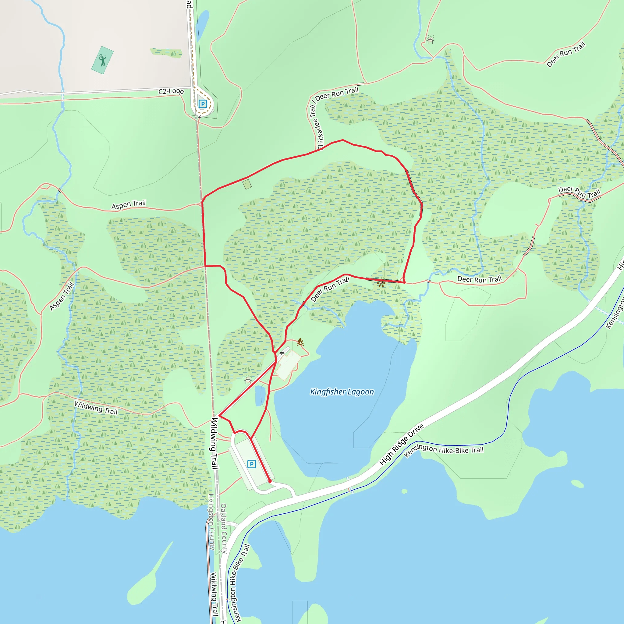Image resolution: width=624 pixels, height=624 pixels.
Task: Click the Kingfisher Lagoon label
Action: coord(342,392)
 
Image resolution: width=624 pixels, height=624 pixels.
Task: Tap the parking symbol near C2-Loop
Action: coord(203,104)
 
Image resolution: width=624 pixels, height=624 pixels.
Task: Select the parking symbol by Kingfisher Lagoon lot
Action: coord(252,464)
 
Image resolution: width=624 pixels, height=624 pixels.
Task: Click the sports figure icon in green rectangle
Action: coord(102,60)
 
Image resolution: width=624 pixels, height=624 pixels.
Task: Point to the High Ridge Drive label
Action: coord(401,445)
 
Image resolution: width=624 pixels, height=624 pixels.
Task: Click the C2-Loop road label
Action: coord(171,91)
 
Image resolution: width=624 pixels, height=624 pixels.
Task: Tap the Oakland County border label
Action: coord(224,528)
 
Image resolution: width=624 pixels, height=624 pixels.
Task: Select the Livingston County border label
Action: coord(211,522)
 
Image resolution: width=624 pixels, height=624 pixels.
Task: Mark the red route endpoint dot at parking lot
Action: coord(270,481)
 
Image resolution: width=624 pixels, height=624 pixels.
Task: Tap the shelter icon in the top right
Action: coord(430,40)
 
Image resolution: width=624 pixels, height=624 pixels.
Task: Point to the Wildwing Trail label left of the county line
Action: coord(96,408)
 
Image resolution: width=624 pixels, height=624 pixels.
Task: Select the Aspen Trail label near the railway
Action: coord(129,204)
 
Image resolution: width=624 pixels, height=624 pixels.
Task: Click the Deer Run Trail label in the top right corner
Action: coord(565,54)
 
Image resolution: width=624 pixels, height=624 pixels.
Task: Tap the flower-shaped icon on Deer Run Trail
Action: coord(381,283)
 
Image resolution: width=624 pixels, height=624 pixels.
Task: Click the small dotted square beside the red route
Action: coord(247,184)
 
